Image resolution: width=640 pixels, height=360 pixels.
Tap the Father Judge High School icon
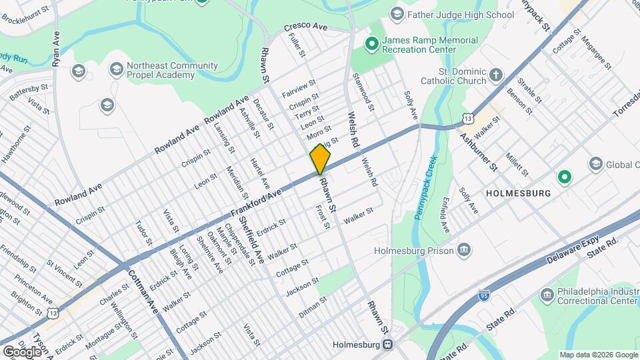(x=397, y=14)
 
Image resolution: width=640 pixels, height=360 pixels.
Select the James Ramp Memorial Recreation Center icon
(x=371, y=45)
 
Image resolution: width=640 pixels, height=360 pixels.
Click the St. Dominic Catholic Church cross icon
(x=495, y=75)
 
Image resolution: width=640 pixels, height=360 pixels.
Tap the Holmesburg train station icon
(x=387, y=345)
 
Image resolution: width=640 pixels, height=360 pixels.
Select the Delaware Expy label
(x=571, y=249)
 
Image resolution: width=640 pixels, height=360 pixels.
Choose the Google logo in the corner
(x=22, y=351)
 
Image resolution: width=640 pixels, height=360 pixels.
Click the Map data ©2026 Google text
(x=598, y=355)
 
